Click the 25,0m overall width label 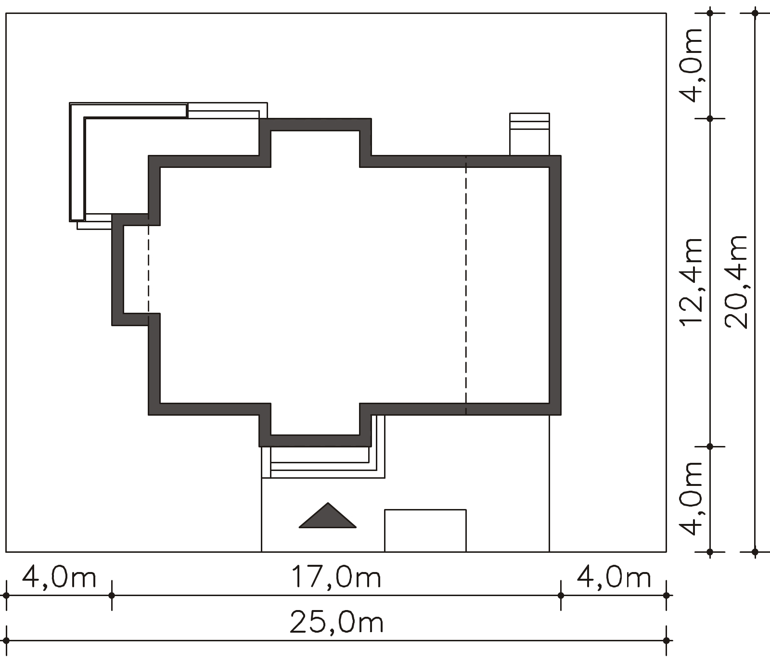[336, 623]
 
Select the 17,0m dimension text [335, 577]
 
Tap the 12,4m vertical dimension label [691, 282]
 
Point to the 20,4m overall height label [736, 282]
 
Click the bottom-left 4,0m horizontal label [59, 577]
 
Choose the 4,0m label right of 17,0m [614, 577]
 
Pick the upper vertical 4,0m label [692, 65]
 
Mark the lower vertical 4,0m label [692, 498]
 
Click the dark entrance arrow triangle [328, 516]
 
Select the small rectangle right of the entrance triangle [425, 530]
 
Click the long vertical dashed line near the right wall [466, 285]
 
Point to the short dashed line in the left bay [148, 269]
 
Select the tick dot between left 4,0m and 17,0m [112, 596]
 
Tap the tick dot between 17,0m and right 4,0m [561, 596]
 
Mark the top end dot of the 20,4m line [755, 13]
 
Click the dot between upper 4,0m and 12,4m [710, 118]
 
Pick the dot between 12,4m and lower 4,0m [710, 446]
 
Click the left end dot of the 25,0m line [6, 641]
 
